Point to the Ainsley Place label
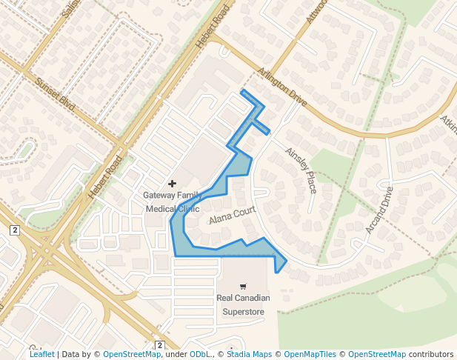click(302, 170)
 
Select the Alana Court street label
click(231, 216)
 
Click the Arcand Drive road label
click(379, 210)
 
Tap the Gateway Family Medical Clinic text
click(172, 201)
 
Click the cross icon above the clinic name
click(173, 183)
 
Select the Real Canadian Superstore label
click(243, 304)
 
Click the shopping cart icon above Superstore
click(243, 286)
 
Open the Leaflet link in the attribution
click(41, 355)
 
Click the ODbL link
click(200, 355)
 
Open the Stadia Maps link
click(249, 355)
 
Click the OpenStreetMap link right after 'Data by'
click(132, 355)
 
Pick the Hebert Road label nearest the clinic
click(105, 176)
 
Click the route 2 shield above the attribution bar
click(159, 345)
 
